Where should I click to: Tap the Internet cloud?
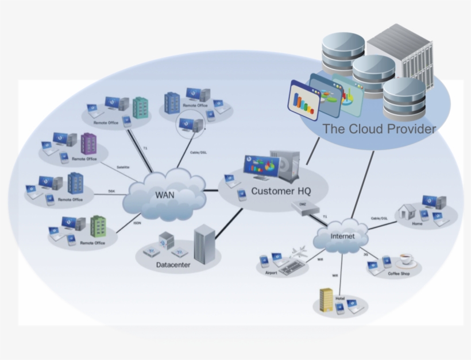coord(342,237)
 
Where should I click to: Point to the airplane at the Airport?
coord(299,253)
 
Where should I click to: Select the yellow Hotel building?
coord(326,300)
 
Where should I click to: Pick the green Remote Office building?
coord(98,226)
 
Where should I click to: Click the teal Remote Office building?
coord(140,107)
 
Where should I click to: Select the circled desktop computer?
coord(190,123)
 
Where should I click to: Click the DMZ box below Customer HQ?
coord(301,206)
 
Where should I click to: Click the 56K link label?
coord(111,191)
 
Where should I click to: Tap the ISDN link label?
coord(137,222)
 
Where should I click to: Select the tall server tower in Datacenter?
coord(204,243)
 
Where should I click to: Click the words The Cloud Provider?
coord(379,129)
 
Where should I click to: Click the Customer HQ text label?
coord(280,191)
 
